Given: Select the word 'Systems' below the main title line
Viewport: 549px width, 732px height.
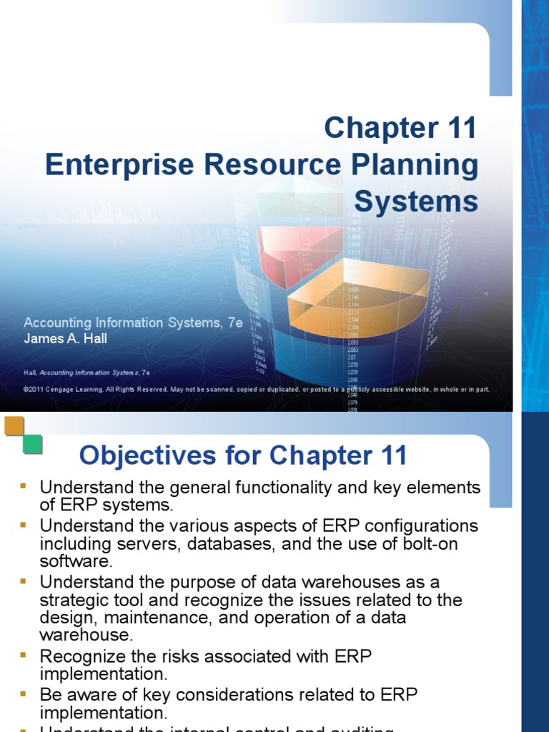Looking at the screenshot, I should click(x=416, y=202).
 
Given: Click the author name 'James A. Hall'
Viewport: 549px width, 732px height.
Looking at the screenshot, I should click(x=65, y=339).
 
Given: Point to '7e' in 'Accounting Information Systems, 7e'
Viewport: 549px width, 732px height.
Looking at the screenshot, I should click(x=234, y=323).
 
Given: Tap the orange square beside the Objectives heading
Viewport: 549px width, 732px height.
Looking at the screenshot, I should click(x=14, y=427).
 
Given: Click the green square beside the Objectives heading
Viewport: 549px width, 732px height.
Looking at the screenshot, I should click(x=32, y=444).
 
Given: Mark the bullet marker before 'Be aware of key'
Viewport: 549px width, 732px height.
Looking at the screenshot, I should click(x=23, y=693).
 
